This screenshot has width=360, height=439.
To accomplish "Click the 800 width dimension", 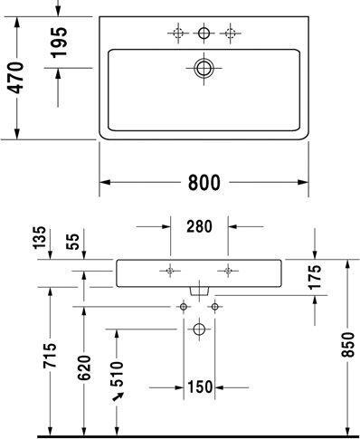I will [x=204, y=182].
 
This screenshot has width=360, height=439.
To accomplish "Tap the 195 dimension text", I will [x=60, y=40].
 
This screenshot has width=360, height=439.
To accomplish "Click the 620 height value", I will [x=83, y=366].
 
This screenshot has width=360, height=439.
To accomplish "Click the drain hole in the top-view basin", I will [x=204, y=67].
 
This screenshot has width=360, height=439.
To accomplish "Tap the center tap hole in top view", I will [x=204, y=33].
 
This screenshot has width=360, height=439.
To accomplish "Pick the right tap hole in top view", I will [x=230, y=33].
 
